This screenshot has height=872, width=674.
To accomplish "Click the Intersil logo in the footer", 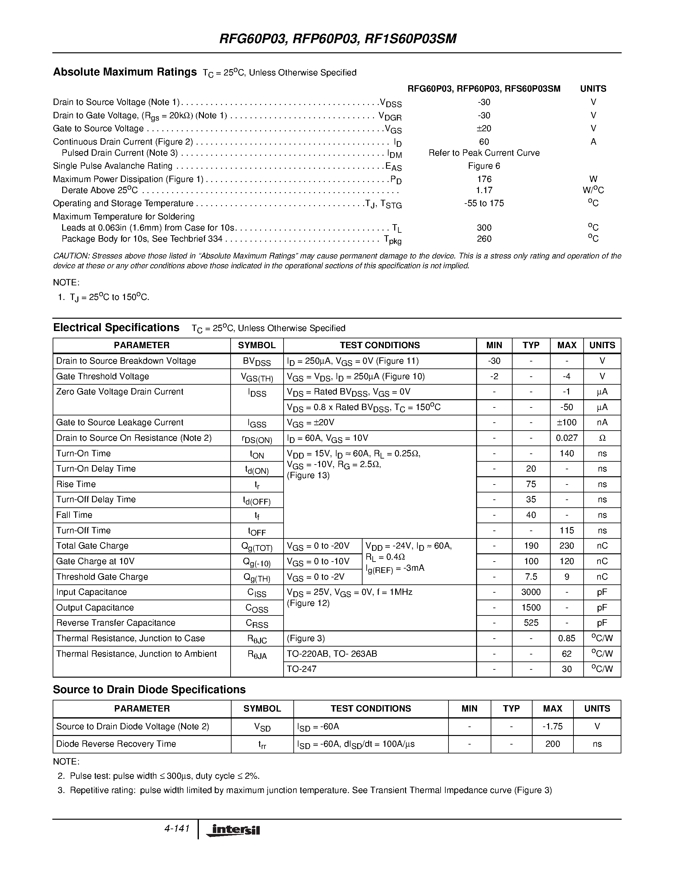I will click(233, 830).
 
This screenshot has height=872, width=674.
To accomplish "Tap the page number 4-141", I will click(176, 829).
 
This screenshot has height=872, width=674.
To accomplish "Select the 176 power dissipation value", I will click(484, 179).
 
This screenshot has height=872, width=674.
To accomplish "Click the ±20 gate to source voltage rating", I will click(484, 128).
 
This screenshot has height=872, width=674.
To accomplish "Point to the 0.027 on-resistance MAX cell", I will click(566, 438).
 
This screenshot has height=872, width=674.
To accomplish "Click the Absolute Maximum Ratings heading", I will click(125, 72).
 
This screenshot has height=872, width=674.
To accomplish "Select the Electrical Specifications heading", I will click(116, 328).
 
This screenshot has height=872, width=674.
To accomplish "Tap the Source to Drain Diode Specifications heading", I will click(149, 690).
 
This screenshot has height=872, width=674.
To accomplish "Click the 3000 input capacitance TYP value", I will click(531, 592).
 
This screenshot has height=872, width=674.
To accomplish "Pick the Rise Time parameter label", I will click(76, 484).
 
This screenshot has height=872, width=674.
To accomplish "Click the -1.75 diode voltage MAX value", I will click(552, 726).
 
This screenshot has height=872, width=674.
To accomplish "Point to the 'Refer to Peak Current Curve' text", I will click(484, 153).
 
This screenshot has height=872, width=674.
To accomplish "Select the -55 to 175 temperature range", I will click(484, 203).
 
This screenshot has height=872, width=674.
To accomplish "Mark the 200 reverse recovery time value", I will click(552, 744).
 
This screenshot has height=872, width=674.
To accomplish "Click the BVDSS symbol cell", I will click(257, 361).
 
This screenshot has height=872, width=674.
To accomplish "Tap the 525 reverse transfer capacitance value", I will click(531, 623).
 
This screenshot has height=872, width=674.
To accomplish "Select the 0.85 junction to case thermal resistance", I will click(566, 638).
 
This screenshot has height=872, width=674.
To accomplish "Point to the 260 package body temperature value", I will click(484, 239).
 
